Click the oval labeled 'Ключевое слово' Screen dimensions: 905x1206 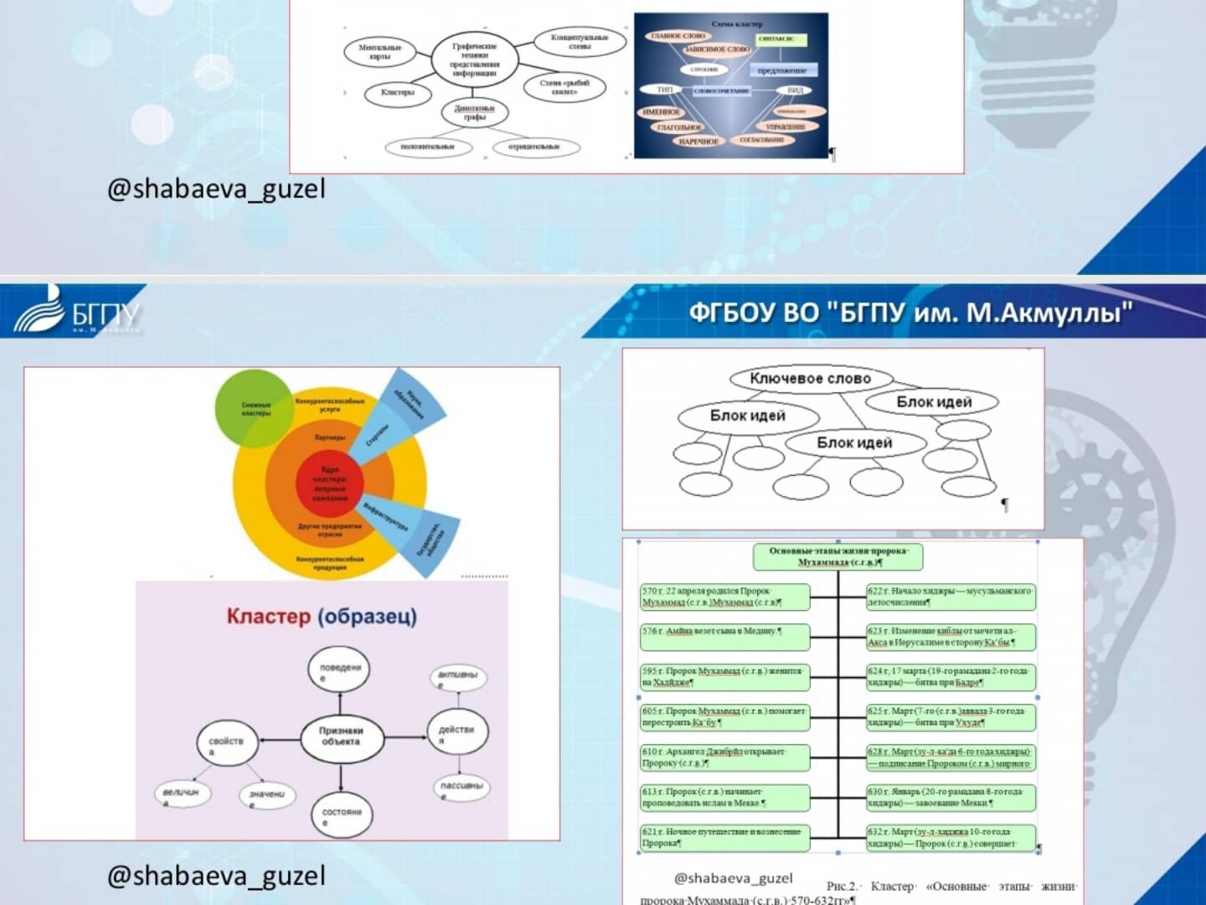[810, 379]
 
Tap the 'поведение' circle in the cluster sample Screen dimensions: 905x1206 [340, 671]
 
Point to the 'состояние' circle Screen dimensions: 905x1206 [341, 814]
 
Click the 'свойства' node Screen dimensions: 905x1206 [226, 744]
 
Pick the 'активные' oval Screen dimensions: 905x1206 [457, 677]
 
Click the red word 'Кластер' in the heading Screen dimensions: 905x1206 [268, 617]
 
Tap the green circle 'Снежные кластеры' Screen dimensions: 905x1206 [255, 409]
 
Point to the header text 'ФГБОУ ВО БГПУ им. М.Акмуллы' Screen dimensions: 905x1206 [910, 313]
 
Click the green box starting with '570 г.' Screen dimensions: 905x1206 [724, 597]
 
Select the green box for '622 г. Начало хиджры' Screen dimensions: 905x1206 [951, 597]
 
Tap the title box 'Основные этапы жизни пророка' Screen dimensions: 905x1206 [837, 556]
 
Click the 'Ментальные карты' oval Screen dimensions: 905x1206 [380, 52]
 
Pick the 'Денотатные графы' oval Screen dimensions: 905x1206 [475, 113]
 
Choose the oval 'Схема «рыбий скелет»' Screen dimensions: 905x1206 [564, 87]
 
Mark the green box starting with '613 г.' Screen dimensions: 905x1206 [724, 797]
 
